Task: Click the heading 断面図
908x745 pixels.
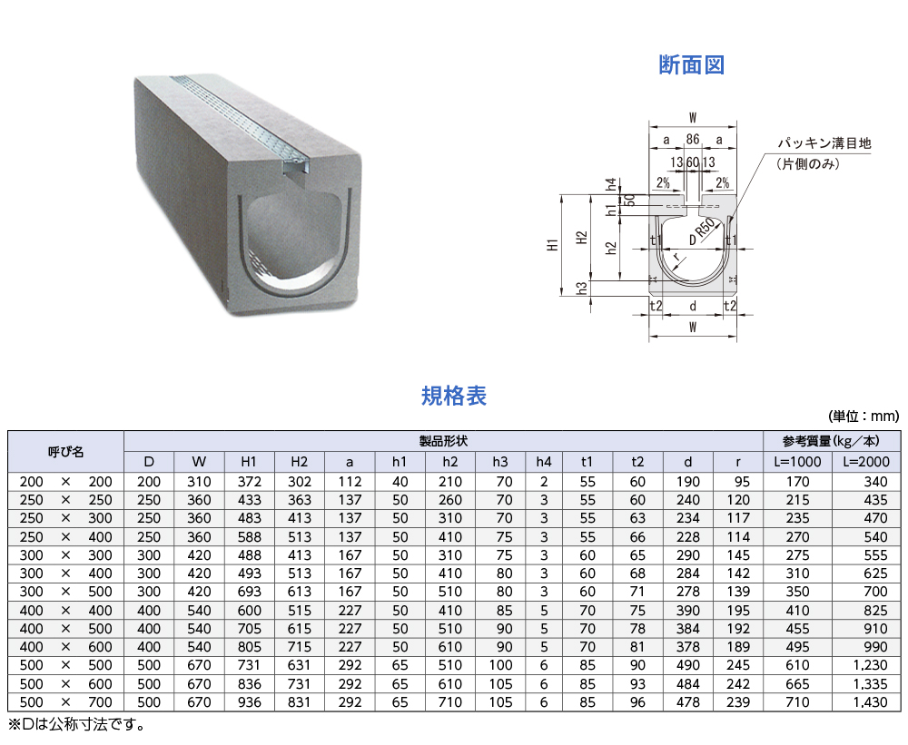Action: [691, 64]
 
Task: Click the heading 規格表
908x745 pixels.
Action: [453, 396]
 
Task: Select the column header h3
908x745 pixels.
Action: [499, 461]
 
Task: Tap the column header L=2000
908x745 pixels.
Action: [866, 461]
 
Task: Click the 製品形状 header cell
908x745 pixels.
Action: [443, 441]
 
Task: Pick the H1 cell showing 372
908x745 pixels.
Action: [249, 482]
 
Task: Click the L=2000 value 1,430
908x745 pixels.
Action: [871, 702]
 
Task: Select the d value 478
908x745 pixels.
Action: [688, 702]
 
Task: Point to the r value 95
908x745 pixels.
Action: [742, 482]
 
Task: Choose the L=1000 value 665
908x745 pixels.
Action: [797, 683]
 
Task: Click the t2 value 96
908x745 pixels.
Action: [637, 702]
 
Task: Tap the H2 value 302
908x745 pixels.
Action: [300, 482]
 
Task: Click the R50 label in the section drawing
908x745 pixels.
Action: [706, 228]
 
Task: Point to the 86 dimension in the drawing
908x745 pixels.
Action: [693, 140]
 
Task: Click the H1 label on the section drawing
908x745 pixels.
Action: [553, 245]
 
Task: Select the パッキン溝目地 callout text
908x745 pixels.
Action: [824, 143]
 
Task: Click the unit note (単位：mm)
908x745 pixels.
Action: [864, 416]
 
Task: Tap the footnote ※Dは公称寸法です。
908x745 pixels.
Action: [76, 724]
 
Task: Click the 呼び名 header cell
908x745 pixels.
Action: [65, 452]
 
